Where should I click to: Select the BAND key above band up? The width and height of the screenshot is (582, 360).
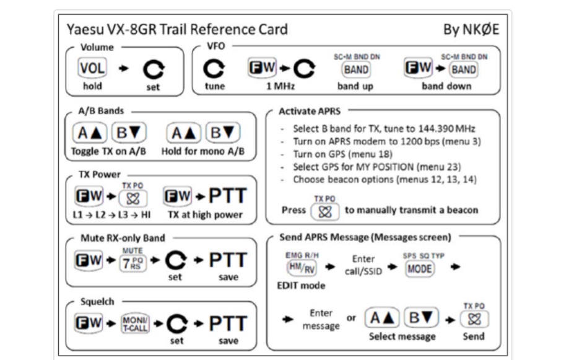tap(356, 68)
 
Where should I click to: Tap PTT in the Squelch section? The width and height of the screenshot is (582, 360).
tap(224, 323)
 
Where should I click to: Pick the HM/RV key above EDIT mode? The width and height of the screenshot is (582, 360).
tap(300, 267)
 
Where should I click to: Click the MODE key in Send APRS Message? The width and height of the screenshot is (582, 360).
tap(420, 269)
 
